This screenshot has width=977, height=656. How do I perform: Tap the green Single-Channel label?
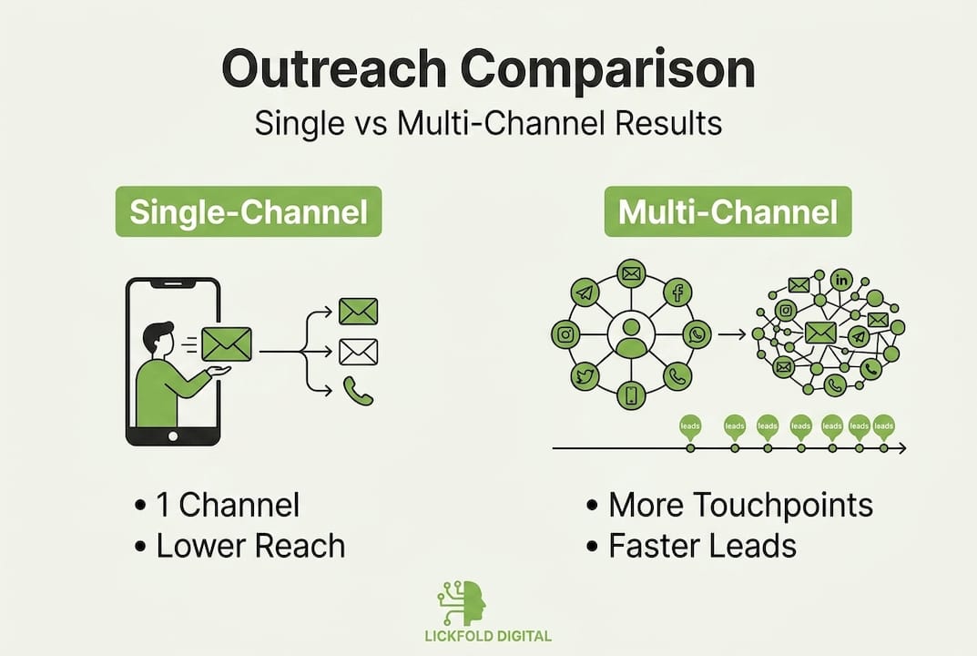pos(249,212)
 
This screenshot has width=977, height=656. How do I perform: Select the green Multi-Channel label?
pos(728,212)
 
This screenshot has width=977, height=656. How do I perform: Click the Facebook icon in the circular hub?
pos(677,292)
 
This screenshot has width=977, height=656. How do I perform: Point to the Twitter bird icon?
pos(584,375)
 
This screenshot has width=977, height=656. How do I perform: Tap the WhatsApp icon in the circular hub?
pos(697,334)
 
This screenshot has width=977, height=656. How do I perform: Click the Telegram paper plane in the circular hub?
pos(585,292)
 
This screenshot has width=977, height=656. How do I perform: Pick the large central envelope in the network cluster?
pos(820,333)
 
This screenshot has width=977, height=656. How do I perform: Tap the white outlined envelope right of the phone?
pos(358,351)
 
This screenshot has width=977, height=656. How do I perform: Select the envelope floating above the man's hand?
pos(226,344)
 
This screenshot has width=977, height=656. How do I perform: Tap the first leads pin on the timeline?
pos(690,426)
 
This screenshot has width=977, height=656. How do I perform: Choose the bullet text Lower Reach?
pos(250,546)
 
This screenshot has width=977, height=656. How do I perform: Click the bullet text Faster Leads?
pos(702,546)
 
